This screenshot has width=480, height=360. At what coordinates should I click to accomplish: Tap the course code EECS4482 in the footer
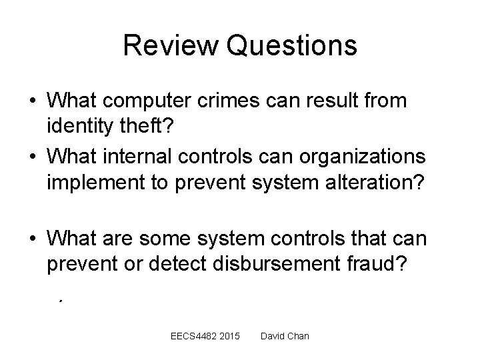coord(195,336)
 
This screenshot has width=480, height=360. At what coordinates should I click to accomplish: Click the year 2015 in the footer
coord(229,336)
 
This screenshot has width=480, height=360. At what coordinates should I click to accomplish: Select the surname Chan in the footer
coord(297,336)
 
